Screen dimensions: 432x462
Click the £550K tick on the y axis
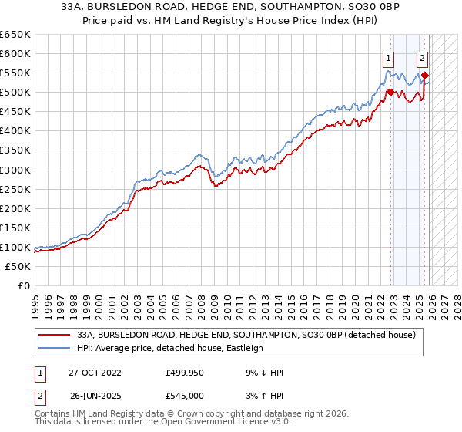tap(15, 73)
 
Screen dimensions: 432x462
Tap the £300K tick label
tap(15, 170)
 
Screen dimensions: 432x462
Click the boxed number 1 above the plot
tap(390, 57)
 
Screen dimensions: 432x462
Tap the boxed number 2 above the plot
tap(423, 57)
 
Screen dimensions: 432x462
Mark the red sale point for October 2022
tap(390, 92)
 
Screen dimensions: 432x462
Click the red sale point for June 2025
tap(425, 75)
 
